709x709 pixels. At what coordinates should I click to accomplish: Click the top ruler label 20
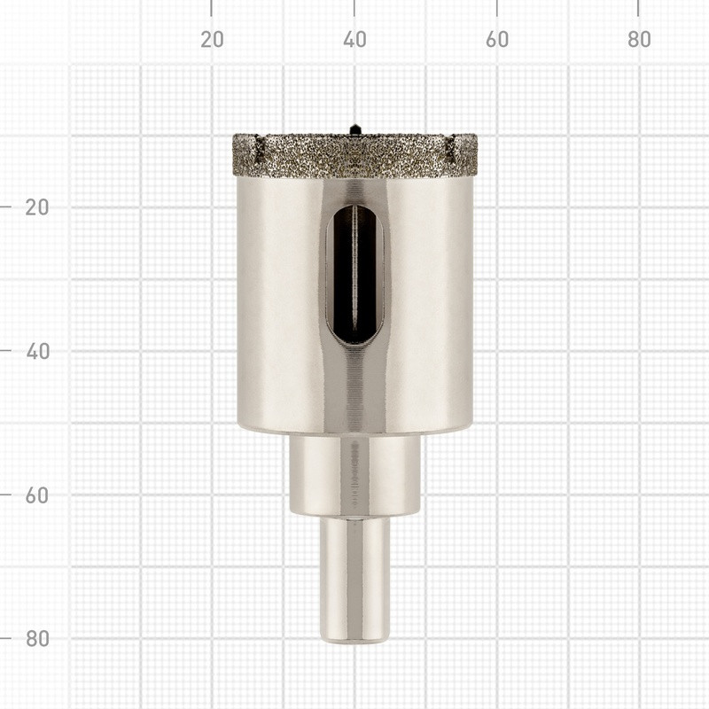pyautogui.click(x=212, y=40)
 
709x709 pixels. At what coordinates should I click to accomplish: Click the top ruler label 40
pyautogui.click(x=354, y=40)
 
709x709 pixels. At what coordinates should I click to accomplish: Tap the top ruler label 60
pyautogui.click(x=497, y=40)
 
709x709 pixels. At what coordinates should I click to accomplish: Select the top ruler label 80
pyautogui.click(x=639, y=40)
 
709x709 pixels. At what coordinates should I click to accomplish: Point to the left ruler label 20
pyautogui.click(x=37, y=207)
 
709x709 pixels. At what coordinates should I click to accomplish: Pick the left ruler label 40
pyautogui.click(x=37, y=352)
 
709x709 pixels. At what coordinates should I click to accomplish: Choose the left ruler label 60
pyautogui.click(x=37, y=495)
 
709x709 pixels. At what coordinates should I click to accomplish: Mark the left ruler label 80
pyautogui.click(x=37, y=638)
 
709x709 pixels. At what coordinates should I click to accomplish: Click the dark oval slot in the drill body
pyautogui.click(x=355, y=275)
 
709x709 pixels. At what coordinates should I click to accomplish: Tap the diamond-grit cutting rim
pyautogui.click(x=354, y=154)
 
